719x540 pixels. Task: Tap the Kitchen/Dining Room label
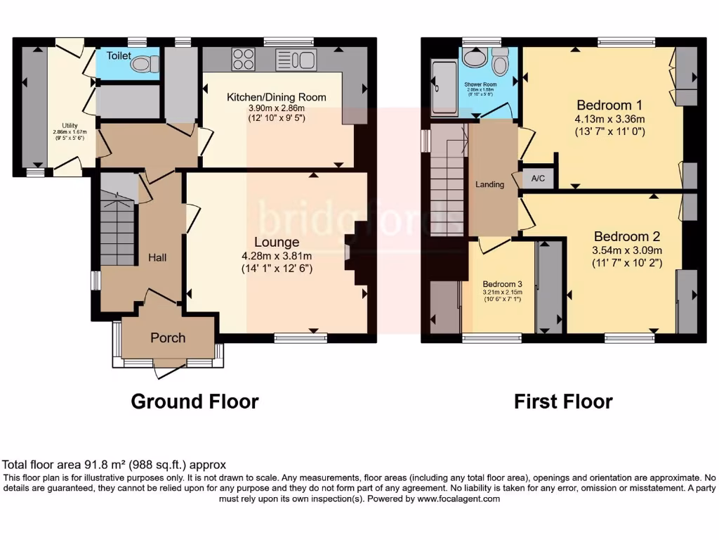276,97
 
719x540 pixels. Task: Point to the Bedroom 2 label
627,236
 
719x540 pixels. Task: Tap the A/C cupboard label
539,179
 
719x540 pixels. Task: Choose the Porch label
168,337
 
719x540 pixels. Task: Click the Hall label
157,258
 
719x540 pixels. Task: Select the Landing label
489,185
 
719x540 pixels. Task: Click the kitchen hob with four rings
244,59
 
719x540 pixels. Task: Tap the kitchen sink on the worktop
296,60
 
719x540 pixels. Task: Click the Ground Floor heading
194,401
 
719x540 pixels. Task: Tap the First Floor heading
563,401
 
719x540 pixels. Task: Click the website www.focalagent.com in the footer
459,499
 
